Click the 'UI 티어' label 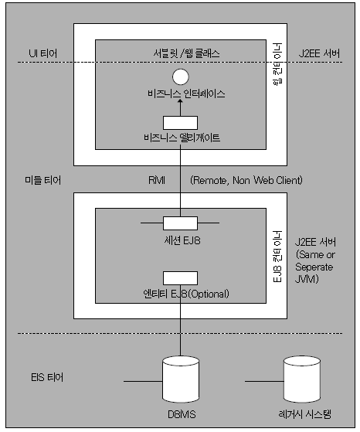pos(43,53)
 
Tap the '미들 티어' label pos(43,180)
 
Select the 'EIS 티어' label pos(47,377)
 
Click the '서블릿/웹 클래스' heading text pos(186,53)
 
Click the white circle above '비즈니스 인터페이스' pos(181,77)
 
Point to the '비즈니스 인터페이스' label pos(186,94)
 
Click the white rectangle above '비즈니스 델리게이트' pos(181,123)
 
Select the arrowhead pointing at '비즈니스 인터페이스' pos(181,102)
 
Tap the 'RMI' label pos(157,180)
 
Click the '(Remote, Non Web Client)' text pos(246,180)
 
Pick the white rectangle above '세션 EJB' pos(181,223)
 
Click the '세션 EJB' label pos(182,240)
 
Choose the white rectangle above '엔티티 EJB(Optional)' pos(181,278)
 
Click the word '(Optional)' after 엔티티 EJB pos(209,294)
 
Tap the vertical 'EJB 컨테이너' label pos(277,257)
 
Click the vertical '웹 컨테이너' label pos(277,64)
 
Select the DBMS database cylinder pos(181,379)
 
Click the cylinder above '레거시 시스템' pos(302,379)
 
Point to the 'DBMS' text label pos(182,414)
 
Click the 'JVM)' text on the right pos(307,279)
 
